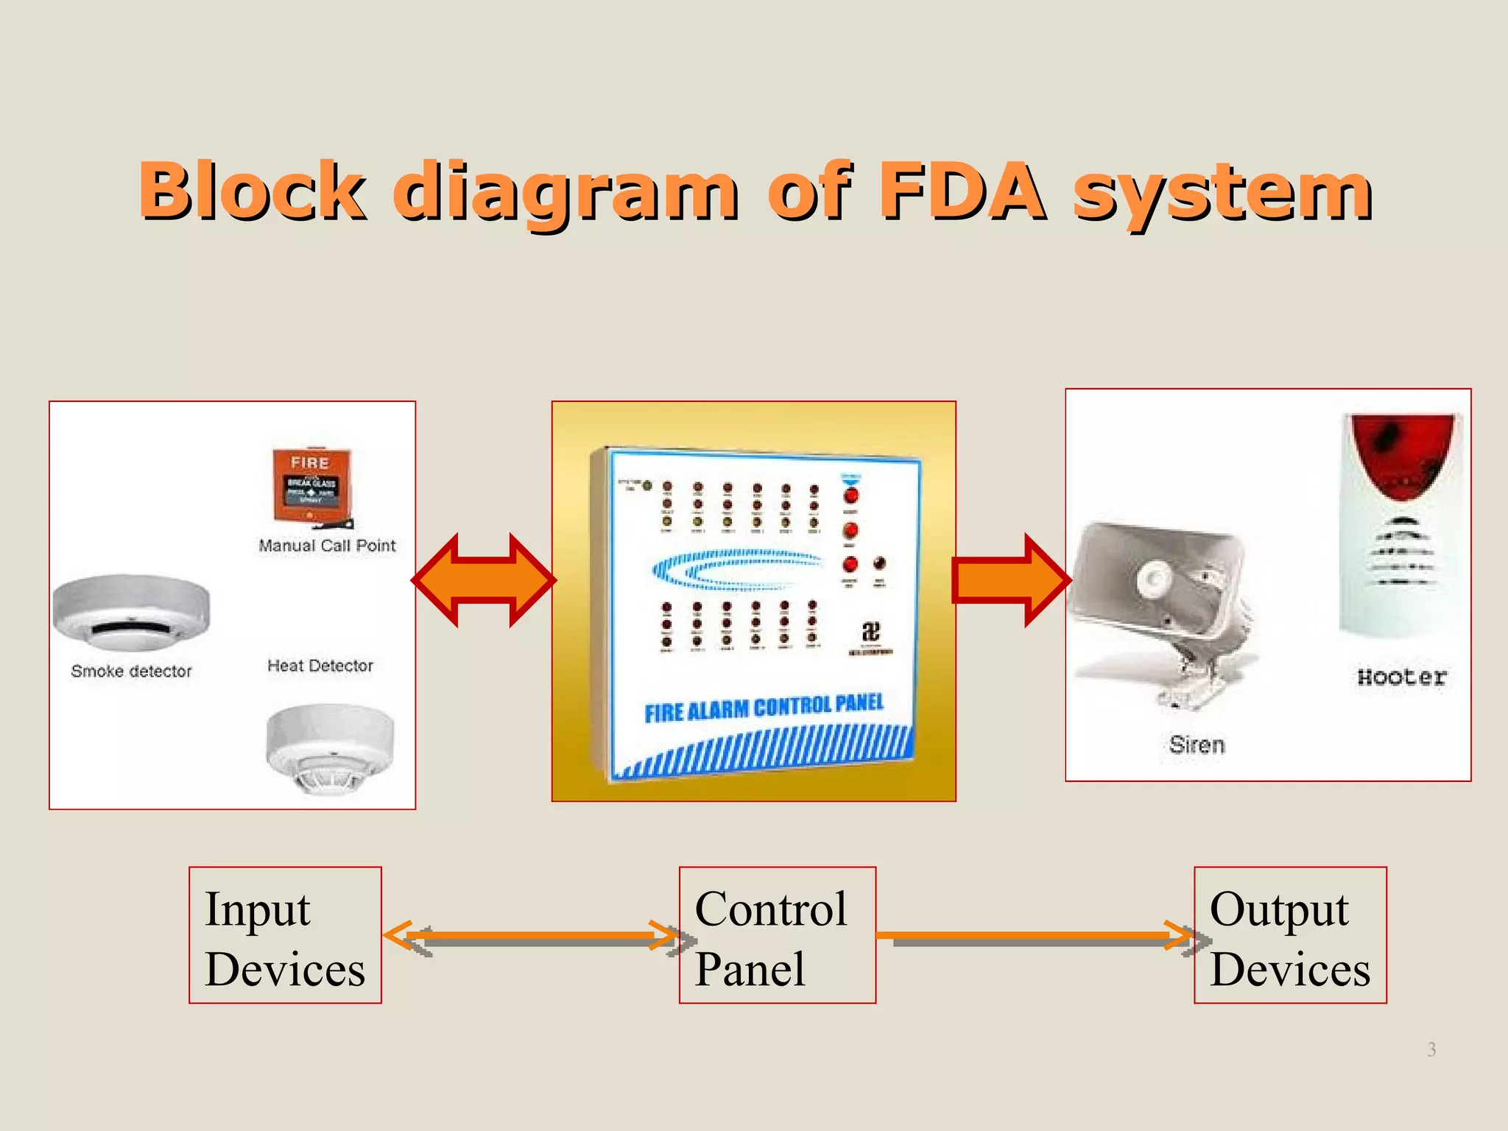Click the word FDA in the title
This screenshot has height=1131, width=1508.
(x=962, y=191)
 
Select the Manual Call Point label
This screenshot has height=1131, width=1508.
(x=327, y=546)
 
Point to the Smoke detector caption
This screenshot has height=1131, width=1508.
(x=131, y=671)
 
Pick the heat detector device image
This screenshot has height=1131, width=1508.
(x=329, y=747)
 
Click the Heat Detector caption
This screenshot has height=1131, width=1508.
(x=320, y=666)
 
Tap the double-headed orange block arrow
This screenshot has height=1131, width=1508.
(x=484, y=580)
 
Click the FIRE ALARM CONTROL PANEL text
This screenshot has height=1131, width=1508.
(x=764, y=708)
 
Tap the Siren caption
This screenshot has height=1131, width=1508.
(x=1197, y=745)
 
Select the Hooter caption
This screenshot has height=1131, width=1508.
(x=1401, y=677)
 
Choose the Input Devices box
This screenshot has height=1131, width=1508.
(x=285, y=935)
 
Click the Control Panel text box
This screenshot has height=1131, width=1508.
(x=777, y=935)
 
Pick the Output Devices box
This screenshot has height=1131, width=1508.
(x=1289, y=935)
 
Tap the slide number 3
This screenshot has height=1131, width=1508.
(x=1431, y=1049)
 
